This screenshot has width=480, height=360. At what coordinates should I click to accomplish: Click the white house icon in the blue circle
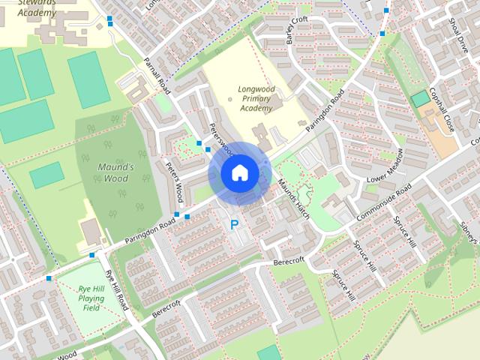pyautogui.click(x=239, y=172)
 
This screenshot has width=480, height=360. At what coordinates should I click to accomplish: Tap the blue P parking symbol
pyautogui.click(x=235, y=224)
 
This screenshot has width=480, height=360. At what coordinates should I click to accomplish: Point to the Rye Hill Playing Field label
pyautogui.click(x=91, y=298)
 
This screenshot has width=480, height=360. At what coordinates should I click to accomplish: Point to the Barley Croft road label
pyautogui.click(x=296, y=29)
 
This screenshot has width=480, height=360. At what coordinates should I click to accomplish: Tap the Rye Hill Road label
pyautogui.click(x=117, y=292)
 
